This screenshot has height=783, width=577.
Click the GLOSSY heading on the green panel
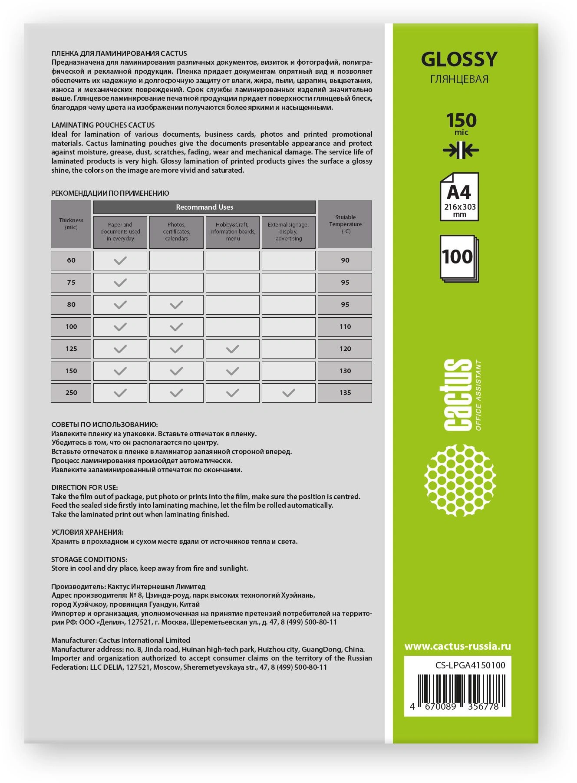[x=459, y=59]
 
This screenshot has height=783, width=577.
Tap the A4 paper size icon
[x=459, y=197]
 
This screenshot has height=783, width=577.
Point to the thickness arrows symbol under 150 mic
[x=461, y=151]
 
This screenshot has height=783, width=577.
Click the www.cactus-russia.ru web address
[x=458, y=646]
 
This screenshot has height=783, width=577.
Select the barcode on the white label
[x=458, y=691]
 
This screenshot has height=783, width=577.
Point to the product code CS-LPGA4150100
[x=470, y=665]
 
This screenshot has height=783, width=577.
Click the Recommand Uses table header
[x=204, y=207]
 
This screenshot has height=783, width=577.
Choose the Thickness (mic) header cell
[x=71, y=224]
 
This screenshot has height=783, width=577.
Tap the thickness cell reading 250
[x=71, y=393]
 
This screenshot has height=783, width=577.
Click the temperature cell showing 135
[x=345, y=393]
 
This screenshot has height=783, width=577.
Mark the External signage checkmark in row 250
[x=289, y=393]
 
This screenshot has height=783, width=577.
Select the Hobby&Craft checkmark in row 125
[x=233, y=349]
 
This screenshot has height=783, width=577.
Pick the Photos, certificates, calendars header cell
[x=176, y=232]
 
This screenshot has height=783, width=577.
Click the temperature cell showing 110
[x=345, y=327]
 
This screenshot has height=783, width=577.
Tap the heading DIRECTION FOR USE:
[x=84, y=487]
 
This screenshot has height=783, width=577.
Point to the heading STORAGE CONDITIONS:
[x=89, y=559]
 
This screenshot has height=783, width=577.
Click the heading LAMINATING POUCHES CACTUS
[x=103, y=125]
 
